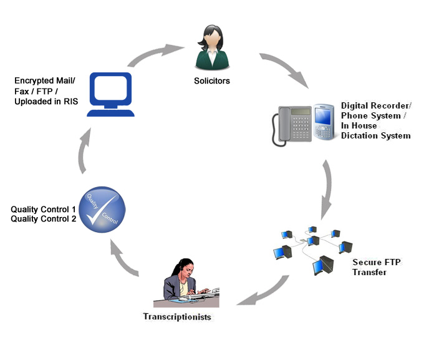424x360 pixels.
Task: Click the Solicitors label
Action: point(213,82)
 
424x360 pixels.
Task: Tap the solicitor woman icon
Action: point(213,47)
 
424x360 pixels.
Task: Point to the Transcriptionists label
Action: point(177,317)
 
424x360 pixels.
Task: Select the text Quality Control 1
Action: point(43,209)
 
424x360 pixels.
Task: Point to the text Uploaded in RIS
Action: point(46,101)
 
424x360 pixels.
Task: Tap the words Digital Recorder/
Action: point(376,107)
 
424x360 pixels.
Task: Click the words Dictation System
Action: point(375,135)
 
